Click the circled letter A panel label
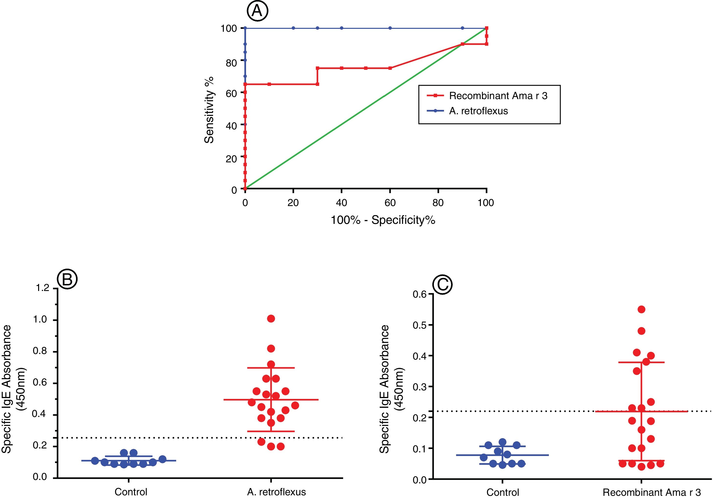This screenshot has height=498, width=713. tap(257, 11)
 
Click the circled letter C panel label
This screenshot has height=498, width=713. tap(442, 285)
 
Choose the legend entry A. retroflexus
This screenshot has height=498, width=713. tap(478, 111)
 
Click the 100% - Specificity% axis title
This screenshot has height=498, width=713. tap(383, 220)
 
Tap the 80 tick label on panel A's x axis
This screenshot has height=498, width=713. tap(438, 203)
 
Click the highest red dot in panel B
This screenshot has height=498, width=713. tap(271, 319)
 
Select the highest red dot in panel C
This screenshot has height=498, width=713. tap(641, 309)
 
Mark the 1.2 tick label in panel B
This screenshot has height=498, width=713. tap(43, 288)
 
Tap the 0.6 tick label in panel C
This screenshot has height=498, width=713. tap(420, 294)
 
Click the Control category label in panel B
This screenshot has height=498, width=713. tap(131, 492)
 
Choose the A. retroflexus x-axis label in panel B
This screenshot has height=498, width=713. tap(276, 492)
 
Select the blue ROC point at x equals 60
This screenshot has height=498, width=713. tap(390, 28)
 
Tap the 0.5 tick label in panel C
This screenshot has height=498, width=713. tap(420, 325)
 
